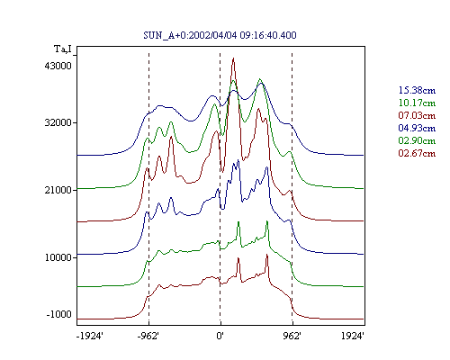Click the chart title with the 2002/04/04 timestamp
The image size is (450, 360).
click(220, 35)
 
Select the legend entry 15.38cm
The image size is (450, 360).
click(417, 90)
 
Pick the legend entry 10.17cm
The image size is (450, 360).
click(417, 103)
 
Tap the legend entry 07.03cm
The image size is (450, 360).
click(417, 115)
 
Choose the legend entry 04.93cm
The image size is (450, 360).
click(417, 128)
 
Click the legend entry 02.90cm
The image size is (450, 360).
click(417, 140)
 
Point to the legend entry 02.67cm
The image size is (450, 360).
click(417, 153)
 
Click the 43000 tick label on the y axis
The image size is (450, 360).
click(58, 66)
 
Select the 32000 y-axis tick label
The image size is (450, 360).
click(58, 122)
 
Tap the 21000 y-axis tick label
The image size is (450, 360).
click(58, 190)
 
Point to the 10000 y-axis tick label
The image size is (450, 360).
click(58, 257)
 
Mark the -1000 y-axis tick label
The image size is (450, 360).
click(59, 314)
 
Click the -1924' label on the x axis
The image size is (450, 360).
click(90, 336)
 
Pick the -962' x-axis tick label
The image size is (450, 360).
click(148, 336)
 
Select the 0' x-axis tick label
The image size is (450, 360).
click(220, 336)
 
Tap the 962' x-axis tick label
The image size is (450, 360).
click(292, 336)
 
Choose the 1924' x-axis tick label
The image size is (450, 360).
click(353, 336)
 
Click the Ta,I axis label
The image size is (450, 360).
click(63, 49)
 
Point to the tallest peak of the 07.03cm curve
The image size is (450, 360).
click(233, 58)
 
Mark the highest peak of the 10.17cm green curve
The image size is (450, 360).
click(260, 79)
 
